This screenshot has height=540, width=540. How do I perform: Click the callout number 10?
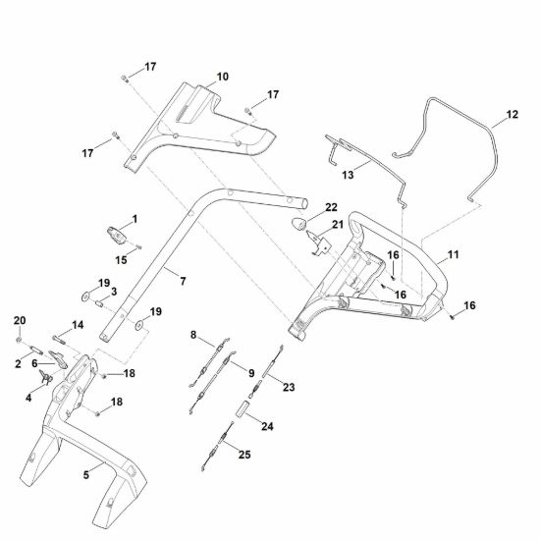pos(223,77)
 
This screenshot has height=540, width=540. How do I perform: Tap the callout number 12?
pos(513,114)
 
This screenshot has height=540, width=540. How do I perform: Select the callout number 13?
pos(348,175)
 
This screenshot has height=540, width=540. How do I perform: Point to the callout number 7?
pos(183,282)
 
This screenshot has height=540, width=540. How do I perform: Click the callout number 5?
pos(86,475)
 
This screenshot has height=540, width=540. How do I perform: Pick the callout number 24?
pos(267,426)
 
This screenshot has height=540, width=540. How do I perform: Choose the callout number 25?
pos(244,455)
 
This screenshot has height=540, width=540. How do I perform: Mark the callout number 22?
pos(331,207)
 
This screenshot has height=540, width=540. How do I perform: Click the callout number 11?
pos(454,255)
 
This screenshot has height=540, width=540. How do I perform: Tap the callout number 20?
pos(20,321)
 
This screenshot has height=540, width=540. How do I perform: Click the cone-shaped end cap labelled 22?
pos(298,224)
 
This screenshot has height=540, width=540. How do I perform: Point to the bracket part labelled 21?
pos(318,243)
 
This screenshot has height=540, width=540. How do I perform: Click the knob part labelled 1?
pos(117,236)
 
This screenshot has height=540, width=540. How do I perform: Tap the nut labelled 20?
pos(19,341)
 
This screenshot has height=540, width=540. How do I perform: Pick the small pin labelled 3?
pos(99,304)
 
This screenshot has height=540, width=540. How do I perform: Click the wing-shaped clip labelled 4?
pos(46,377)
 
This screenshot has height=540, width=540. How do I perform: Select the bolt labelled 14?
pos(59,340)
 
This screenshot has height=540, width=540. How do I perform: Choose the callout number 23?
pos(289,387)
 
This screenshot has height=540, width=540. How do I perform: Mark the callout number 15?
pos(121,260)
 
